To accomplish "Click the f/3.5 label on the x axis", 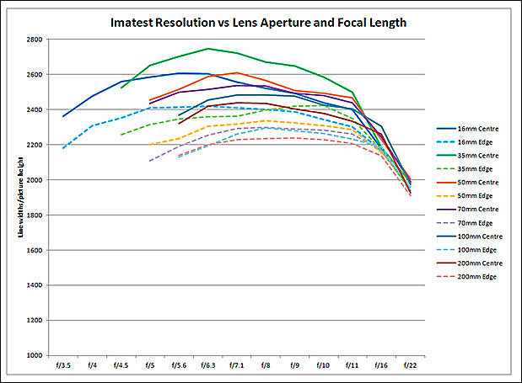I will click(x=63, y=365).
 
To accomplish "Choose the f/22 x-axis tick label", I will click(x=410, y=365).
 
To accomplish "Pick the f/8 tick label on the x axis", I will click(x=266, y=365).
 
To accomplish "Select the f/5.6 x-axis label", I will click(x=179, y=365).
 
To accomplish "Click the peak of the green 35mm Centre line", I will click(x=207, y=49).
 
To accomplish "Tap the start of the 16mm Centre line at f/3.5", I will click(x=63, y=116).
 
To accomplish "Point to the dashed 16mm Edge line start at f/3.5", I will click(x=63, y=148).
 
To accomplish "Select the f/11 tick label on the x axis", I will click(x=352, y=365).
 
